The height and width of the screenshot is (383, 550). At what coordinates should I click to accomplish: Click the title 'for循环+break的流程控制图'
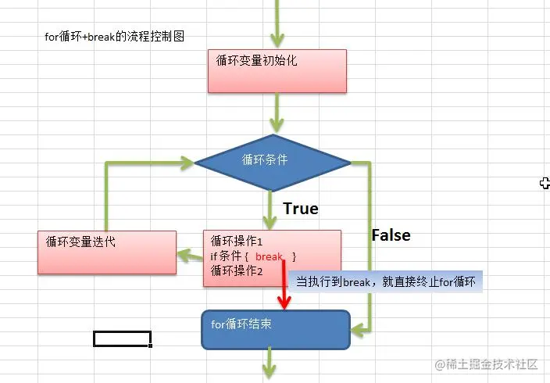(114, 36)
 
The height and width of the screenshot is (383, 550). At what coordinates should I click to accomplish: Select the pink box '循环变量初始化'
(277, 71)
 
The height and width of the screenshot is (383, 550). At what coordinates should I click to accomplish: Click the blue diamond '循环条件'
(272, 162)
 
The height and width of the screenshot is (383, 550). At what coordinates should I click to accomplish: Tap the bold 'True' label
(300, 209)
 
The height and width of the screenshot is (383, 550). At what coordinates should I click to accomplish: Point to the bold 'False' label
(391, 234)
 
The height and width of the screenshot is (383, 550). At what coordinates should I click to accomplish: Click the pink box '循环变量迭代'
(107, 252)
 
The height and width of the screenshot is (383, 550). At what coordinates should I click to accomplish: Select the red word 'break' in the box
(270, 256)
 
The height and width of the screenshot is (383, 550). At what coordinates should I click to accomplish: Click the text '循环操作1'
(237, 242)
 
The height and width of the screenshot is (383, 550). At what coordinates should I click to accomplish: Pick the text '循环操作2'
(237, 270)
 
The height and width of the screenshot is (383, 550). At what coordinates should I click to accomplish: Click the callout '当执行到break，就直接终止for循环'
(386, 281)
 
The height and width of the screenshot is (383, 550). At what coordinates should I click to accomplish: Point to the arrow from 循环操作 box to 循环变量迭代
(189, 254)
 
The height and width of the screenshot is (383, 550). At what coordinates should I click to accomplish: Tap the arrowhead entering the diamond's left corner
(185, 163)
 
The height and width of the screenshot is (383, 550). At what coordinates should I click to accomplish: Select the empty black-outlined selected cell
(122, 338)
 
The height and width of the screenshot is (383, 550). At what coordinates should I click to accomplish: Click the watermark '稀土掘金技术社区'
(486, 364)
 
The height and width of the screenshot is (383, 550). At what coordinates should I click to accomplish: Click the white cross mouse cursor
(545, 183)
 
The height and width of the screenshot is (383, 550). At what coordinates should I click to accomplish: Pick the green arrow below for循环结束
(271, 364)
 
